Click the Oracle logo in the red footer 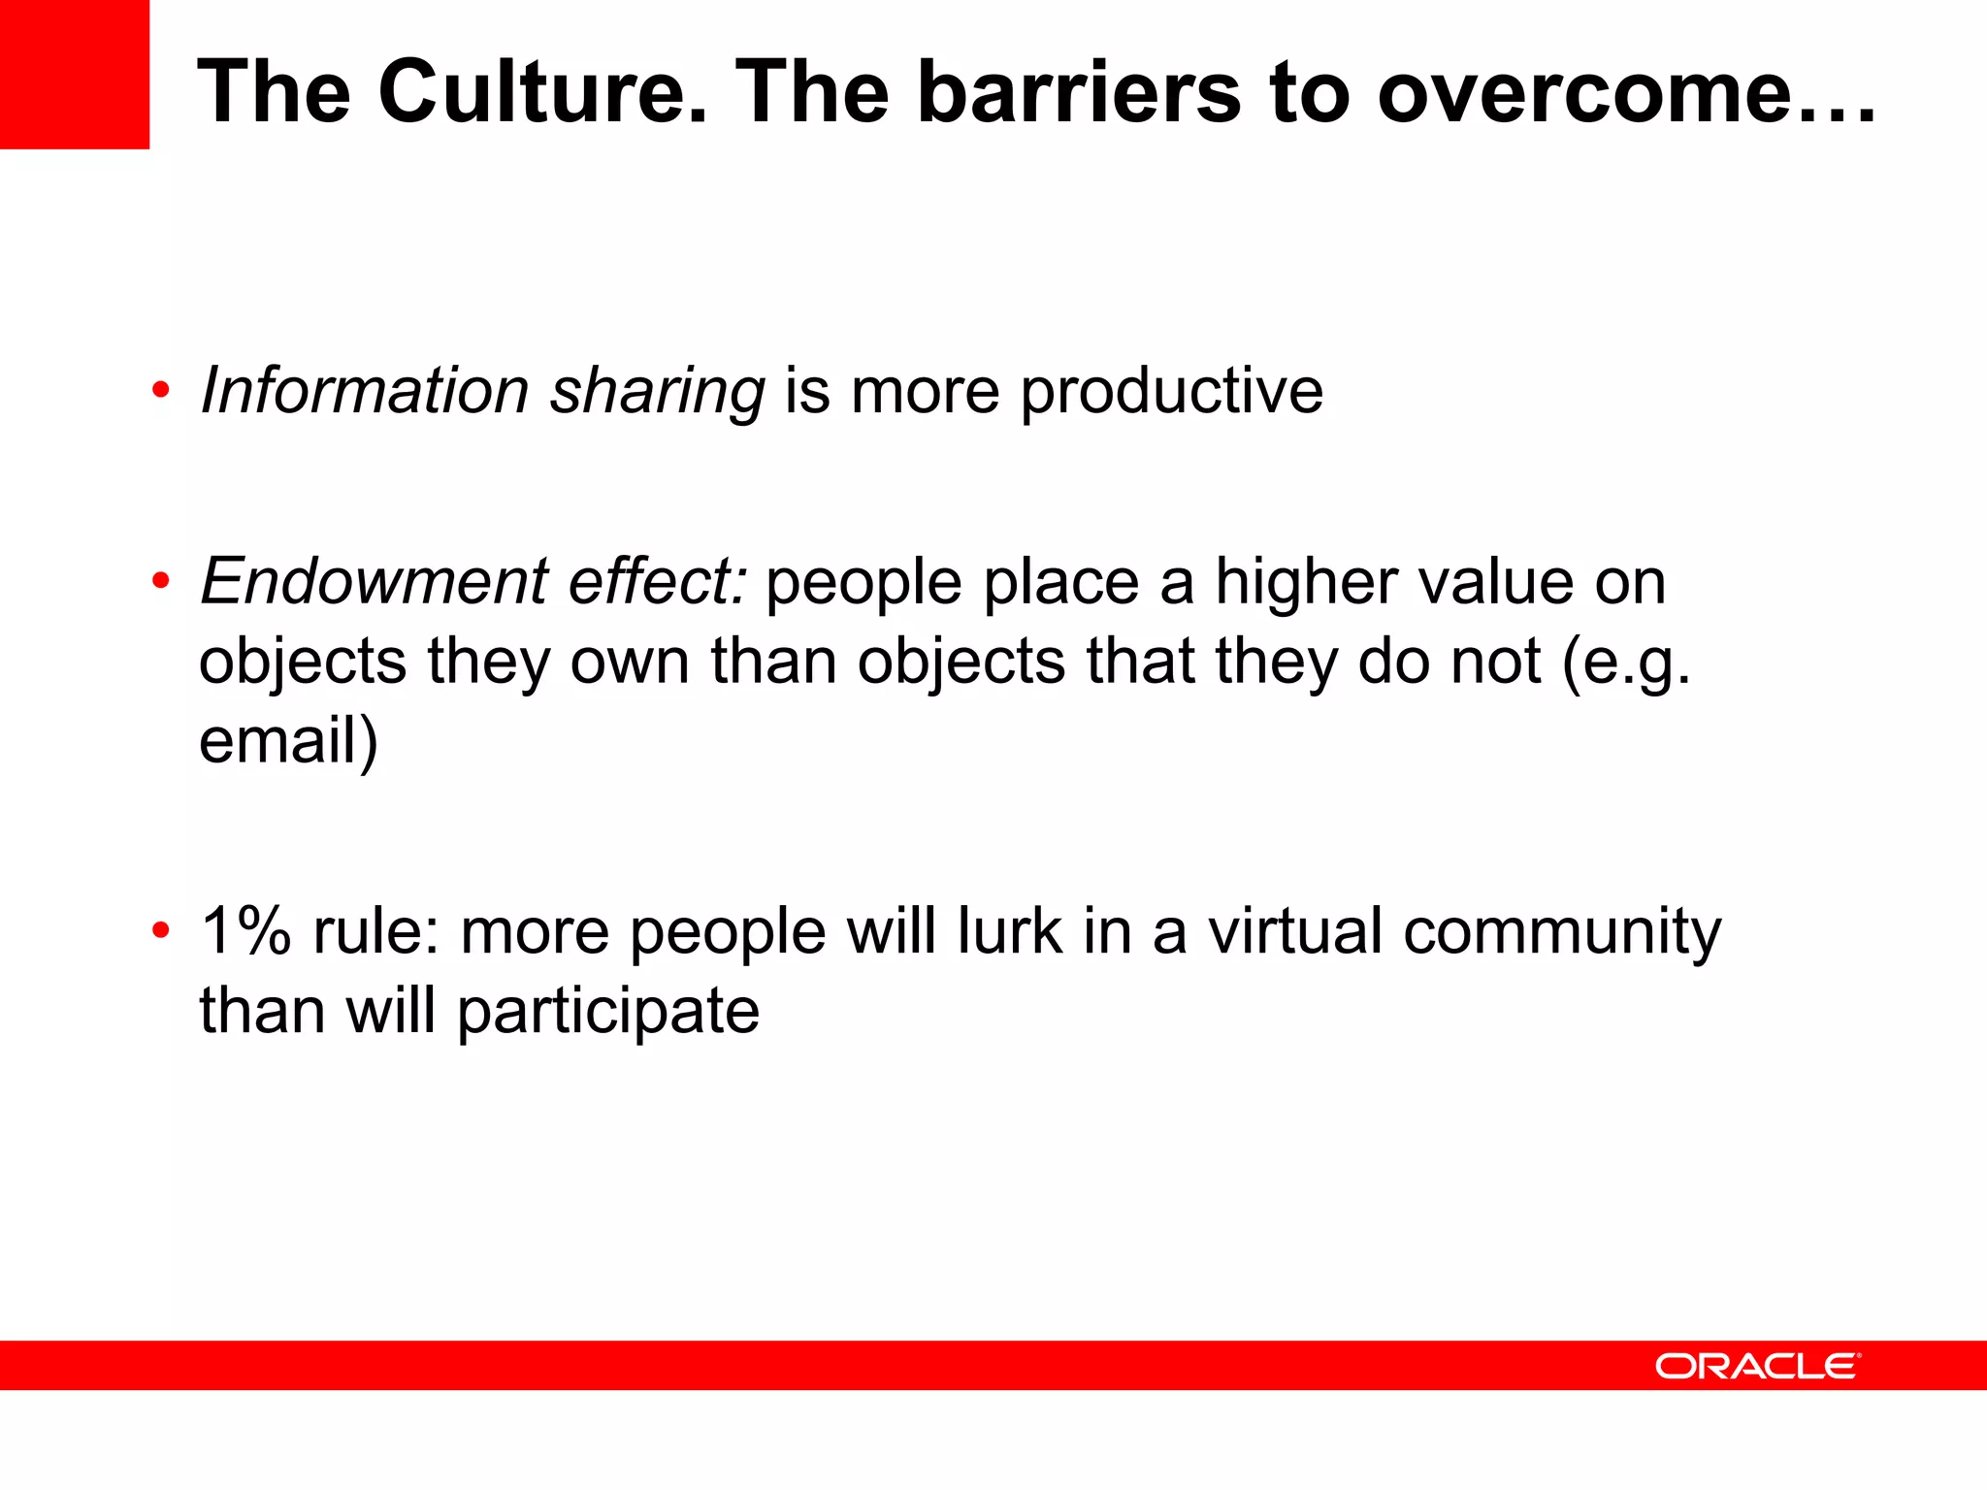[x=1757, y=1366]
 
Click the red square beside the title [x=75, y=75]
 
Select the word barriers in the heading [x=1079, y=92]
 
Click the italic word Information [x=364, y=391]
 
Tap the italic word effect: [x=658, y=581]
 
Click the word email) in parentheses [x=288, y=741]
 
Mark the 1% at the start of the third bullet [x=245, y=931]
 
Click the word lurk [x=1009, y=931]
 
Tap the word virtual [x=1294, y=931]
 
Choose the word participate [x=608, y=1013]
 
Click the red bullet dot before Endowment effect [x=161, y=582]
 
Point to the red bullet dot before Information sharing [x=161, y=391]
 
